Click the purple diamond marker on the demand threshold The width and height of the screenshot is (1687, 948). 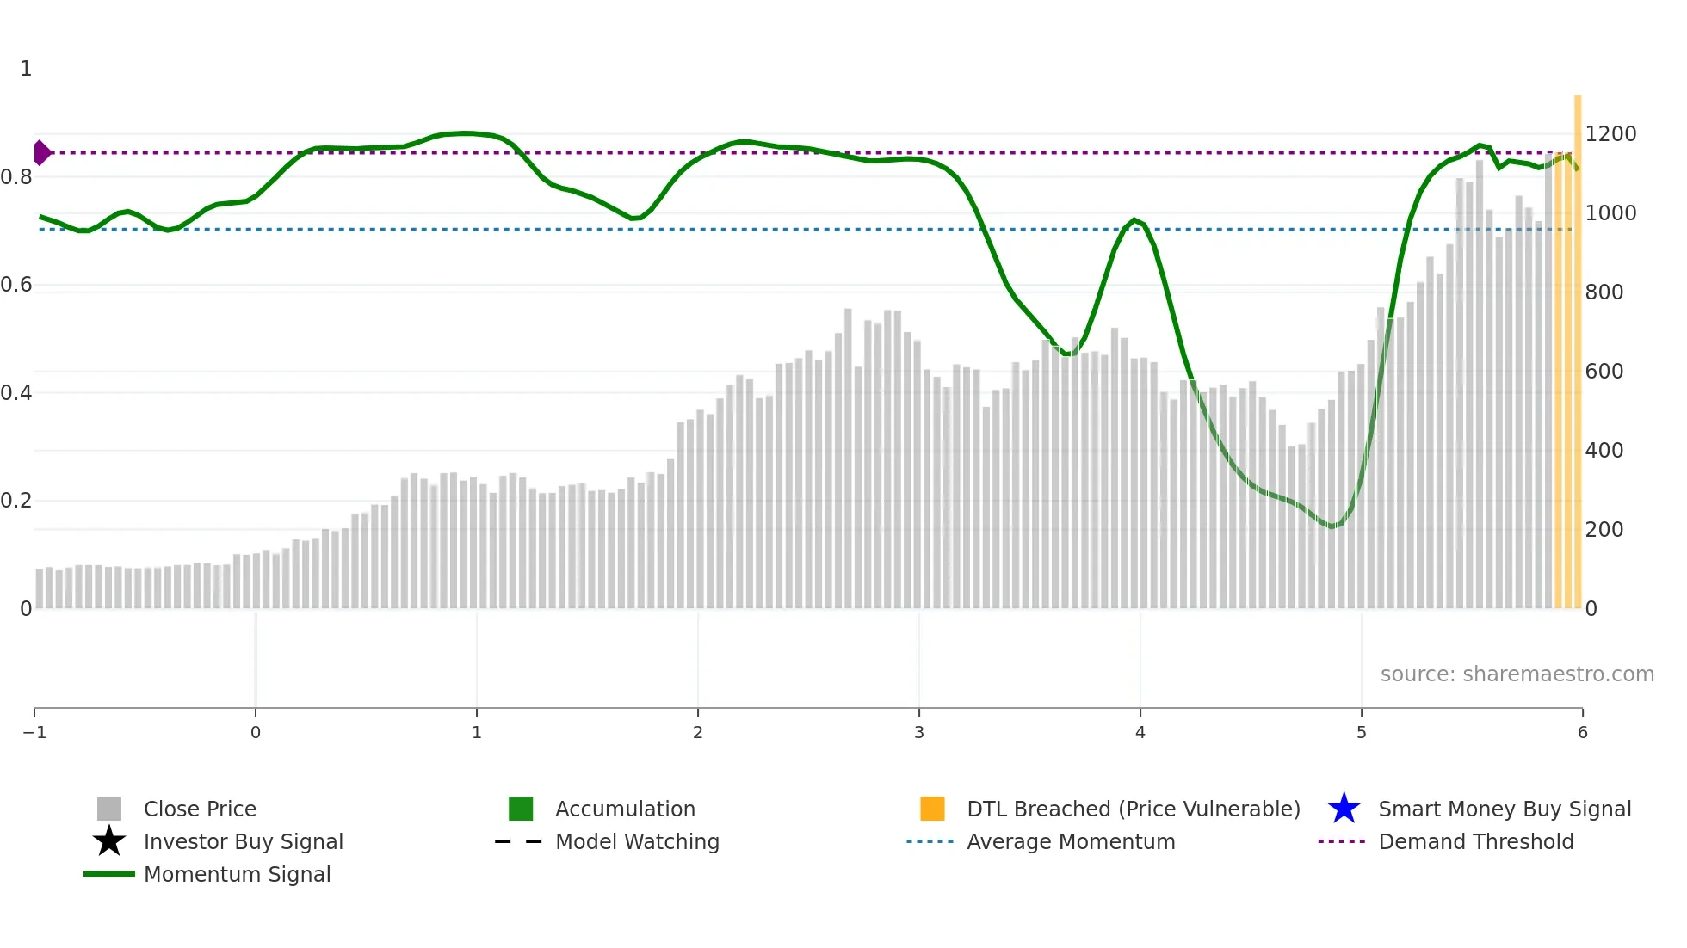pyautogui.click(x=41, y=152)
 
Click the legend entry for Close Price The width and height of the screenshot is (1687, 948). pyautogui.click(x=199, y=809)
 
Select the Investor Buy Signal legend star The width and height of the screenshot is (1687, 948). pyautogui.click(x=109, y=841)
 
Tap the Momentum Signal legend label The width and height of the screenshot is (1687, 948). pyautogui.click(x=237, y=874)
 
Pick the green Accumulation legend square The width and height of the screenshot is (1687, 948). pyautogui.click(x=521, y=809)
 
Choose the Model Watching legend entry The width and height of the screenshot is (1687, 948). pyautogui.click(x=637, y=841)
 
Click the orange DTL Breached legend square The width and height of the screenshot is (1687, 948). pyautogui.click(x=932, y=809)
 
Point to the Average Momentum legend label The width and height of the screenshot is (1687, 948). pyautogui.click(x=1071, y=841)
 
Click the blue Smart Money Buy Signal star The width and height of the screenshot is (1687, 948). pyautogui.click(x=1344, y=809)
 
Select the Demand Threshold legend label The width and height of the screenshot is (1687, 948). pyautogui.click(x=1475, y=841)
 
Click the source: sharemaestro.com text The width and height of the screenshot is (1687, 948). pyautogui.click(x=1517, y=674)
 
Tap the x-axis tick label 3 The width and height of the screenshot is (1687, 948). pyautogui.click(x=919, y=732)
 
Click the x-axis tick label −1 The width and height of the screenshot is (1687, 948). pyautogui.click(x=34, y=732)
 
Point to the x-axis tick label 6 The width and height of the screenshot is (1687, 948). pyautogui.click(x=1582, y=732)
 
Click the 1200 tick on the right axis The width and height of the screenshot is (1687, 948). pyautogui.click(x=1610, y=133)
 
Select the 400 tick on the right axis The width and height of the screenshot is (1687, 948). pyautogui.click(x=1604, y=450)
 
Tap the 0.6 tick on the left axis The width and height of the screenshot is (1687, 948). pyautogui.click(x=16, y=285)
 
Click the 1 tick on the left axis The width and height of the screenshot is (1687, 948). pyautogui.click(x=26, y=69)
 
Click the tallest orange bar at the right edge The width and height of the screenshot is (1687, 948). pyautogui.click(x=1578, y=344)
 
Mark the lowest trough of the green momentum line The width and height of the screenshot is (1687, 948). pyautogui.click(x=1332, y=526)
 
